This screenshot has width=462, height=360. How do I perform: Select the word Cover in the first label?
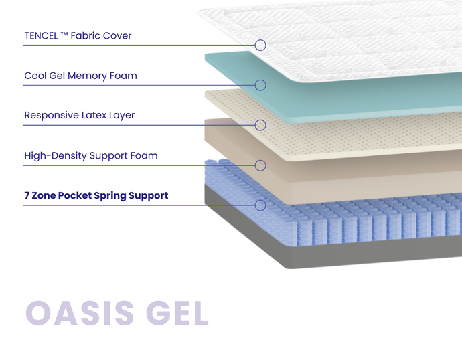(117, 35)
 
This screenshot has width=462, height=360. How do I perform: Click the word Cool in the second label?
(35, 76)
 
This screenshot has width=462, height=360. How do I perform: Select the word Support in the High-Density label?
(112, 156)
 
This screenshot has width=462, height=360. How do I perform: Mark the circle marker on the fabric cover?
(260, 45)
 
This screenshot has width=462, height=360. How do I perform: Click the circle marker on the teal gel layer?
(260, 85)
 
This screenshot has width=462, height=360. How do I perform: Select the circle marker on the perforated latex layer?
(260, 125)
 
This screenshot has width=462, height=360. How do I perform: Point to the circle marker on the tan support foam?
(260, 165)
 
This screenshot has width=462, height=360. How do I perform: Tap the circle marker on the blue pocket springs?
(260, 205)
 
